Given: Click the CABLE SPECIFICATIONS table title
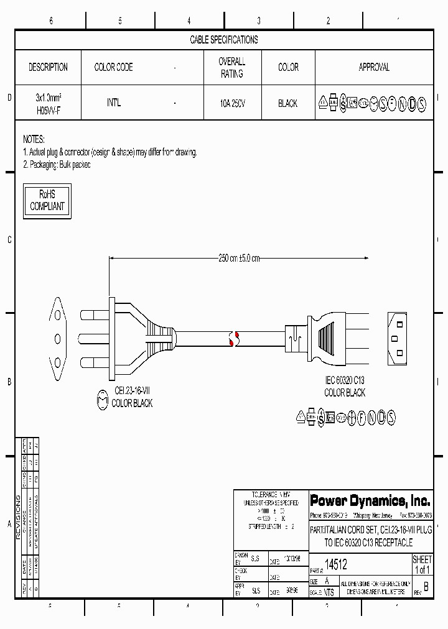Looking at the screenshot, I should pos(223,40).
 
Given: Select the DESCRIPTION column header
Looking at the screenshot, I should pos(48,67).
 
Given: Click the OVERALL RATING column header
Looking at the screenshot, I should pos(231,67).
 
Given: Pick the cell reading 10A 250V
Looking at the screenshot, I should pos(231,104).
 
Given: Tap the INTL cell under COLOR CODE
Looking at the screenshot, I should pos(113,103).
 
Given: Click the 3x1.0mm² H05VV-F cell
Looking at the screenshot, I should pos(48,103).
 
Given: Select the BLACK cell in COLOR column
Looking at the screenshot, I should pos(287,104).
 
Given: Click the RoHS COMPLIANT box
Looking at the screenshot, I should pos(47,201).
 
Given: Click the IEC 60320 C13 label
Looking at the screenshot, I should pos(345,380).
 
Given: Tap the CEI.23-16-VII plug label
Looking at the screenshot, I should pos(132,391).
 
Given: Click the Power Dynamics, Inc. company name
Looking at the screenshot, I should pos(370,500).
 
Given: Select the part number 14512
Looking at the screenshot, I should pos(337,564).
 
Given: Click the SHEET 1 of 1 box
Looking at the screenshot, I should pos(422,564).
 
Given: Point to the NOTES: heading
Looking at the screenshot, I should pos(34,139).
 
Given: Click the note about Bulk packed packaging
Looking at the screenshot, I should pos(57,165).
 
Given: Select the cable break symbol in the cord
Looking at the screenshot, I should pos(234,338).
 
